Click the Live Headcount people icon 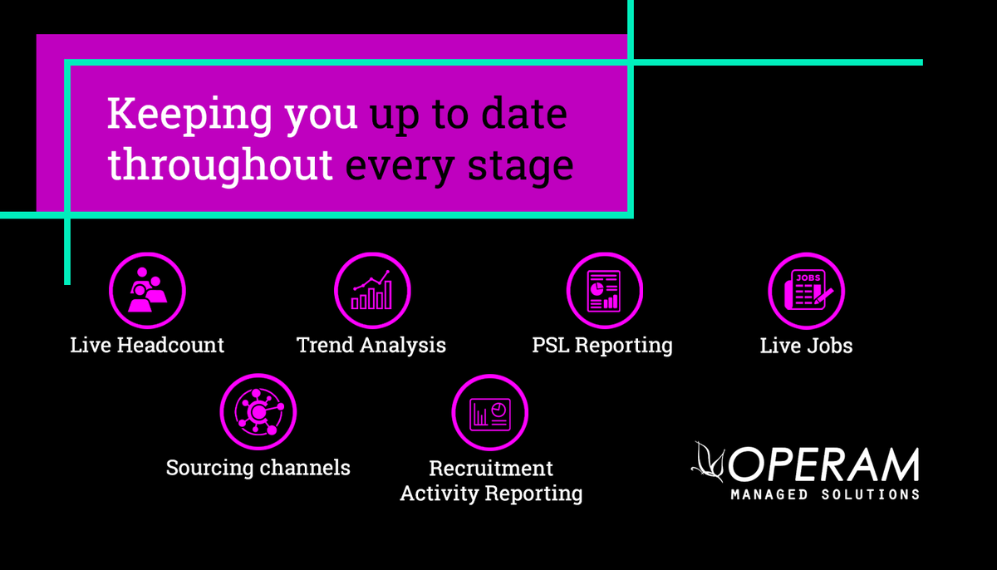[x=147, y=291]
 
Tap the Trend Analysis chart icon [x=371, y=291]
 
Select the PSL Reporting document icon [x=604, y=291]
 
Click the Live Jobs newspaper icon [x=806, y=291]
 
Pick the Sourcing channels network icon [x=258, y=411]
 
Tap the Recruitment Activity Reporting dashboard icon [x=490, y=411]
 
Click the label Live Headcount [x=147, y=345]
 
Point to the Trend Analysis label [x=371, y=345]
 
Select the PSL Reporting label [x=602, y=345]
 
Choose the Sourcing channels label [x=258, y=468]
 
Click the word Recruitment [x=490, y=469]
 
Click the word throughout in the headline [x=221, y=165]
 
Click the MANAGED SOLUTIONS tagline [x=825, y=494]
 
